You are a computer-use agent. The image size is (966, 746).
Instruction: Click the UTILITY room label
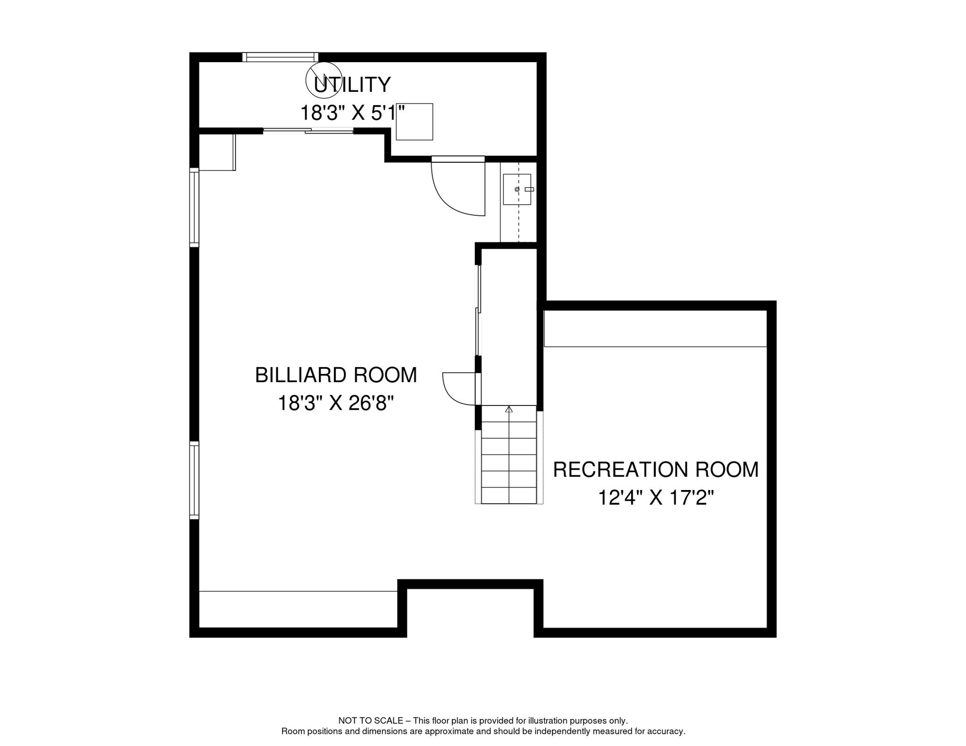(x=352, y=85)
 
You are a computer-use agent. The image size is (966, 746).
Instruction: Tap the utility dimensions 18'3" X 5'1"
(x=352, y=113)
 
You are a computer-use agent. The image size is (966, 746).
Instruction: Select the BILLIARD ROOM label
(x=336, y=375)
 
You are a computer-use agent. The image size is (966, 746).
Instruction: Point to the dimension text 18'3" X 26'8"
(x=335, y=403)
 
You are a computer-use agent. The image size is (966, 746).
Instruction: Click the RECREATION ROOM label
(x=655, y=470)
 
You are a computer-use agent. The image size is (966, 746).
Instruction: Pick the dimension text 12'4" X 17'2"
(x=655, y=498)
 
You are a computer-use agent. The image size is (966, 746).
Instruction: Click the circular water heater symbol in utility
(x=323, y=81)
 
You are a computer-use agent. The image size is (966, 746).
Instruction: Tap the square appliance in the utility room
(x=414, y=122)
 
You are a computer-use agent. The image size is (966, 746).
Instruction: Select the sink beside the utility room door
(x=517, y=189)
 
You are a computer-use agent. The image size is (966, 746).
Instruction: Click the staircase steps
(x=509, y=461)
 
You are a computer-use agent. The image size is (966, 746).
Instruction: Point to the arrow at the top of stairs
(x=509, y=410)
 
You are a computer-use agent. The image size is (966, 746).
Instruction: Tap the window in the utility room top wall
(x=280, y=57)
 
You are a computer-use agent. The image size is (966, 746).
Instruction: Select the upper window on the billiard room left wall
(x=194, y=207)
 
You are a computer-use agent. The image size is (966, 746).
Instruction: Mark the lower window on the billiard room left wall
(x=194, y=480)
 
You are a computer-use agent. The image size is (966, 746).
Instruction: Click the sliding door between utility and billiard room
(x=308, y=130)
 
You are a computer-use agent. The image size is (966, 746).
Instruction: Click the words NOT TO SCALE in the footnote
(x=370, y=721)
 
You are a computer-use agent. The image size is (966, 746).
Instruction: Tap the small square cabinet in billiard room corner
(x=217, y=153)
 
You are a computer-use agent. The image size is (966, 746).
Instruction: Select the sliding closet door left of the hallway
(x=478, y=311)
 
